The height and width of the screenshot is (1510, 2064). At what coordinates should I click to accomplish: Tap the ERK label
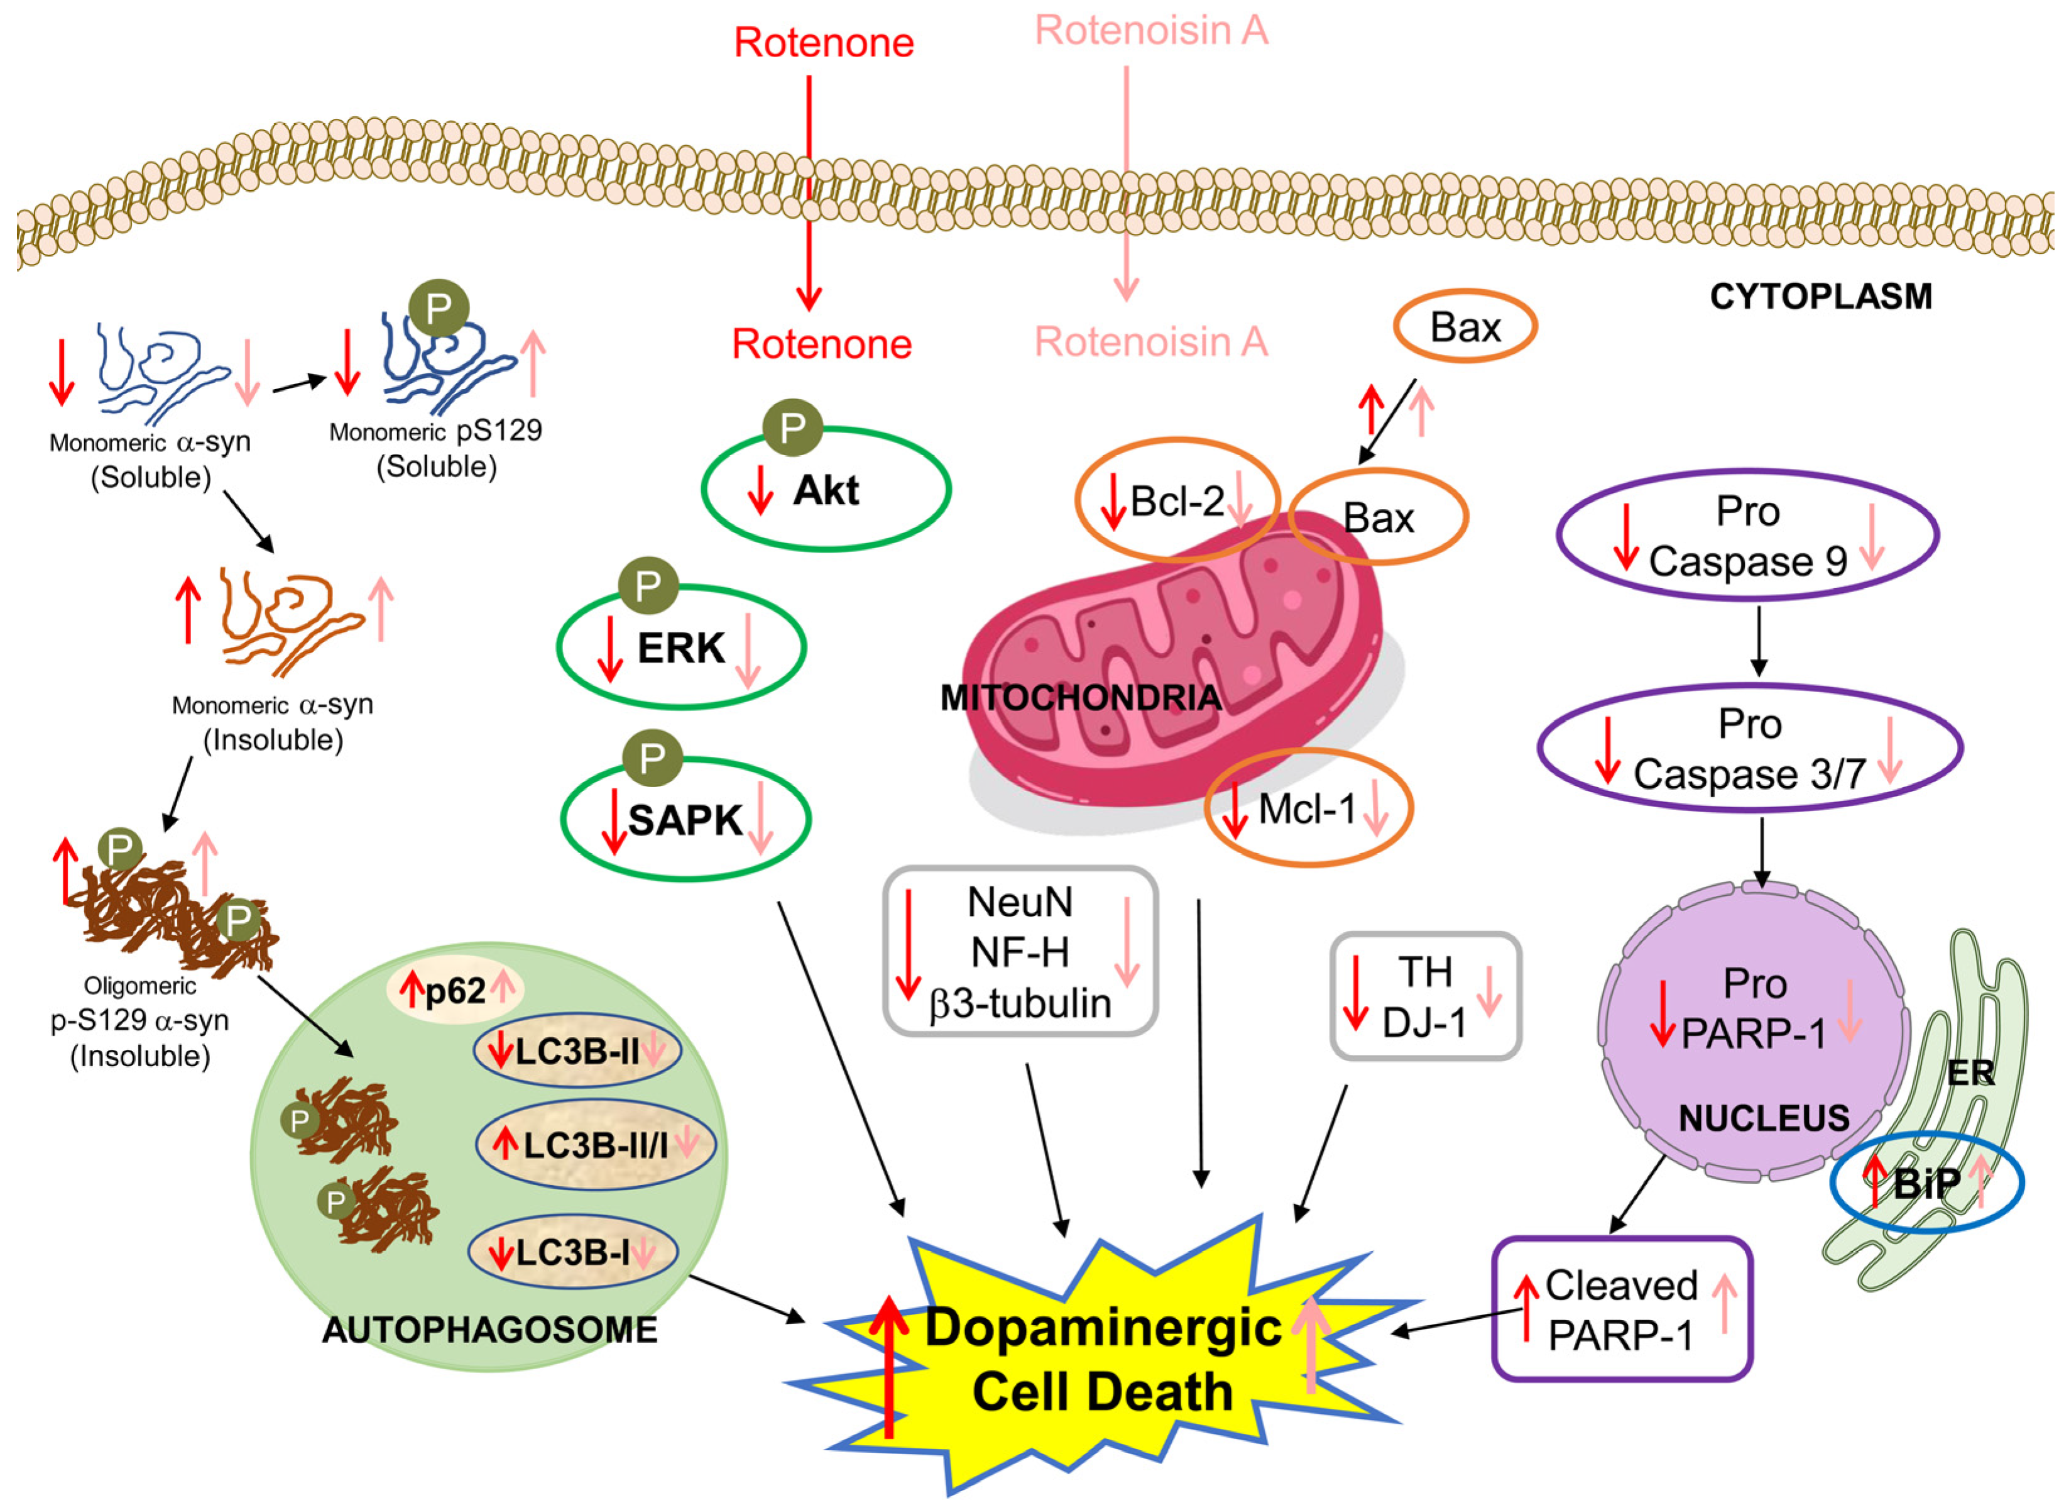680,648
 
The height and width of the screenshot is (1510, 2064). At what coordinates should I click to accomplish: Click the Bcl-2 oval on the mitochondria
1176,501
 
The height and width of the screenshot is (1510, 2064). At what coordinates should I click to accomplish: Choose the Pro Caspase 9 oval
1747,536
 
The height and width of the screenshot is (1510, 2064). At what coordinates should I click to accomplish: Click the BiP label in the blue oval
1926,1184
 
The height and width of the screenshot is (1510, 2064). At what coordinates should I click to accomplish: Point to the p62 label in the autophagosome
455,991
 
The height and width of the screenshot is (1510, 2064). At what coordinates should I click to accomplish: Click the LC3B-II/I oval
595,1144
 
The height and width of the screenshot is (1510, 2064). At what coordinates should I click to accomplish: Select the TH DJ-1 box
1426,997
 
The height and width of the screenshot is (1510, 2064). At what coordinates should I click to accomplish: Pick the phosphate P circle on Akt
792,427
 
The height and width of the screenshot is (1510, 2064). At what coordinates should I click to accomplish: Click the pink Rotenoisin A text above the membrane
1150,31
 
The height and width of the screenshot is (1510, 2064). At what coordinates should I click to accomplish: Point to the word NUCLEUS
1764,1118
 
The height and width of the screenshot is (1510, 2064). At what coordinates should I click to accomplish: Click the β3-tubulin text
1020,1003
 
